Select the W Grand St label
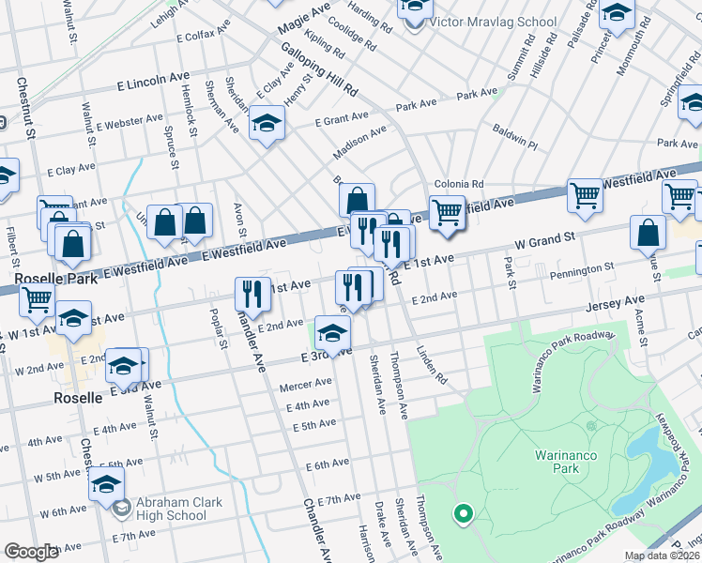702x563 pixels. (x=542, y=241)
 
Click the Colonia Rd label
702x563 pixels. (x=458, y=184)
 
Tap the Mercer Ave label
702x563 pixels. (x=306, y=384)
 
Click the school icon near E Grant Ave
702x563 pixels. (x=267, y=123)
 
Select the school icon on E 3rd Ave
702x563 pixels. (x=332, y=332)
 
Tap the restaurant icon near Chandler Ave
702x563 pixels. (x=252, y=293)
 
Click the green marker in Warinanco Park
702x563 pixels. (x=462, y=513)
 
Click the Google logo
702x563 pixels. (x=31, y=552)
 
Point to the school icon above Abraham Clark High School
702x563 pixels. (x=107, y=485)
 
